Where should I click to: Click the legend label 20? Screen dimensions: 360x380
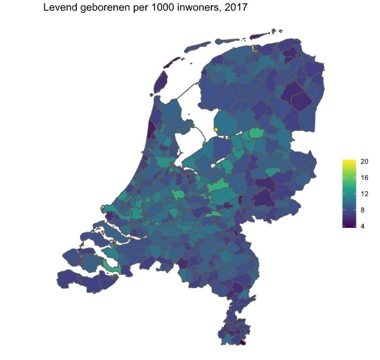(x=364, y=161)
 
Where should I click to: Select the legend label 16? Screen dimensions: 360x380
(x=364, y=178)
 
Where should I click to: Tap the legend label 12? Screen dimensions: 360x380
(x=364, y=194)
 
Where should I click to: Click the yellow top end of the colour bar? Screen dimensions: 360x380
(x=349, y=160)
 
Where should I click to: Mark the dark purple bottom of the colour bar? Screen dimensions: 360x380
(x=349, y=226)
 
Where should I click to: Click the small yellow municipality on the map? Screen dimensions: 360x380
(x=216, y=130)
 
